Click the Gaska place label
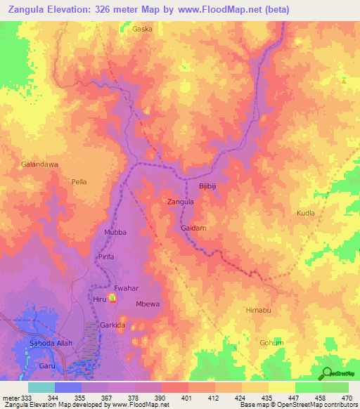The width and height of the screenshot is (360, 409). [142, 30]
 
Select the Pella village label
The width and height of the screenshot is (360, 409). [79, 181]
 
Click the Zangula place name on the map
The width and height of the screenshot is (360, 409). [180, 202]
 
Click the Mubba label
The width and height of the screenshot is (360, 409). [115, 231]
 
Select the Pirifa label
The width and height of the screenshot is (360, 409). [106, 258]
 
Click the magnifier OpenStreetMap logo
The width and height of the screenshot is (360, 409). [326, 373]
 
